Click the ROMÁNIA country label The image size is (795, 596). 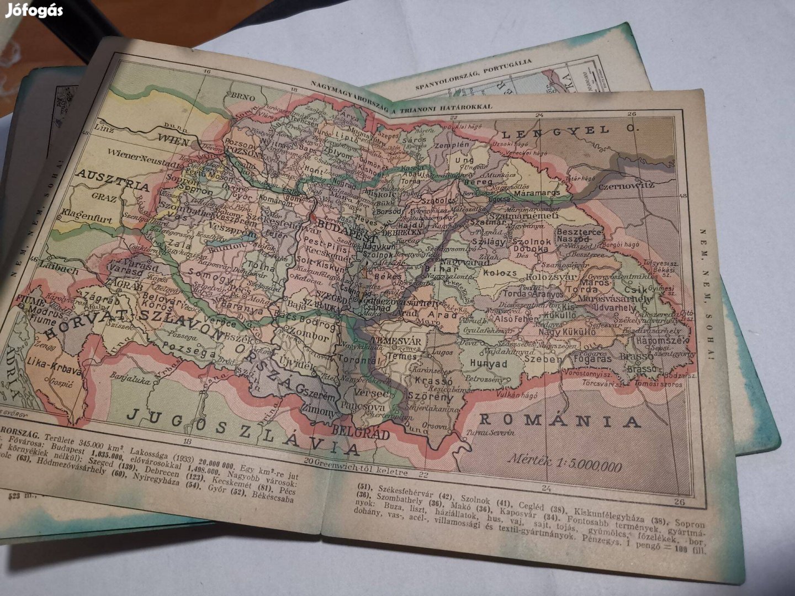[560, 421]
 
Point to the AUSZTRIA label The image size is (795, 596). [113, 180]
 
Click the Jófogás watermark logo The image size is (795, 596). [34, 10]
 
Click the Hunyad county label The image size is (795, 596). [488, 364]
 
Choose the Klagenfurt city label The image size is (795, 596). [87, 216]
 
